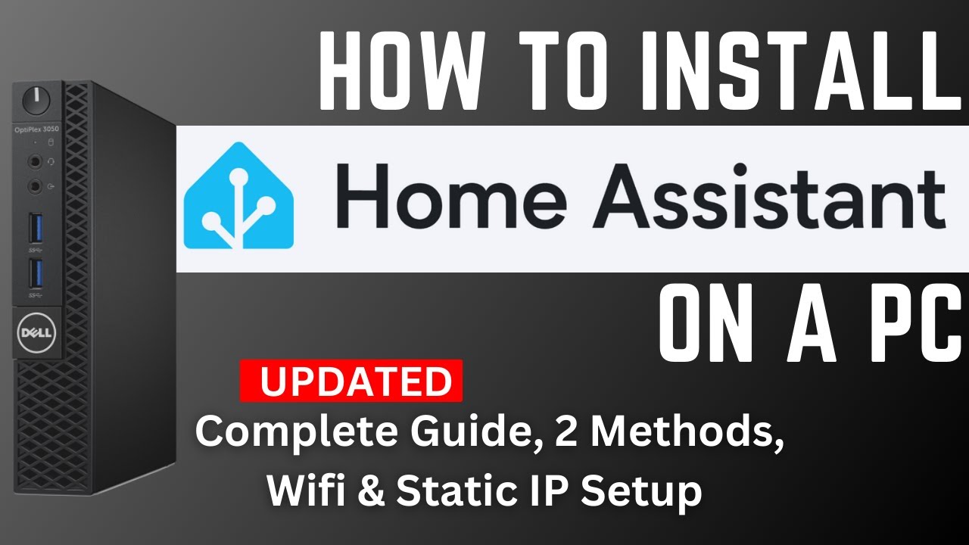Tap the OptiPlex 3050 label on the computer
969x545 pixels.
(x=36, y=130)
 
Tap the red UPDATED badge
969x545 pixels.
(x=351, y=381)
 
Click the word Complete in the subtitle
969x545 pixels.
(x=291, y=433)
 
